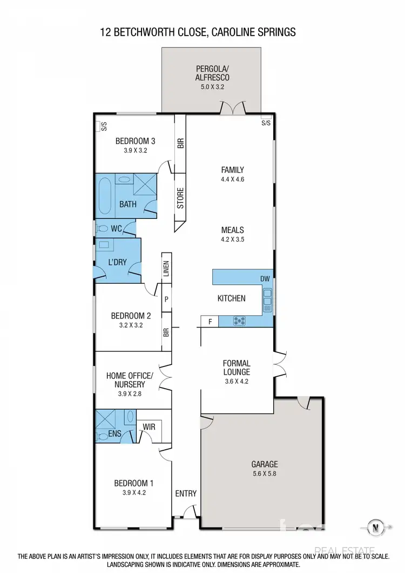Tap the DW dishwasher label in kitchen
coord(265,279)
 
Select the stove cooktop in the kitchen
coord(239,321)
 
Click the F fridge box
coord(210,322)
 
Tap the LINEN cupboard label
coord(166,268)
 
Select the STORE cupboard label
coord(180,198)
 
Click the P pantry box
coord(166,298)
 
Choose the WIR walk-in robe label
coord(148,427)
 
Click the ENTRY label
coord(186,494)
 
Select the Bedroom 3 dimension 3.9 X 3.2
coord(131,151)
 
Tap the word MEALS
coord(232,230)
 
